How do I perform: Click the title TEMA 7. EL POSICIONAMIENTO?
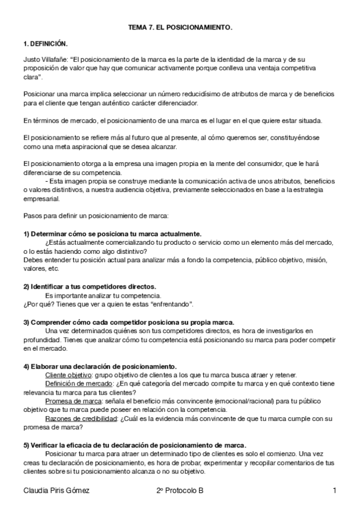point(180,28)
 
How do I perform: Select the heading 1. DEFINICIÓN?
point(45,44)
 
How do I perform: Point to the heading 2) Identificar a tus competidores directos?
point(90,286)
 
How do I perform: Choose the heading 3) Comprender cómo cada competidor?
point(129,322)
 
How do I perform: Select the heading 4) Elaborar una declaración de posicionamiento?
point(100,366)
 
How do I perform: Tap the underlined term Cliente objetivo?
point(69,374)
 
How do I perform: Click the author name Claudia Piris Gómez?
point(56,491)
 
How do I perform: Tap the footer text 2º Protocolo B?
point(180,491)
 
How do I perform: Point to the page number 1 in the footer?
point(334,491)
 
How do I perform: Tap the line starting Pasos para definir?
point(96,215)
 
